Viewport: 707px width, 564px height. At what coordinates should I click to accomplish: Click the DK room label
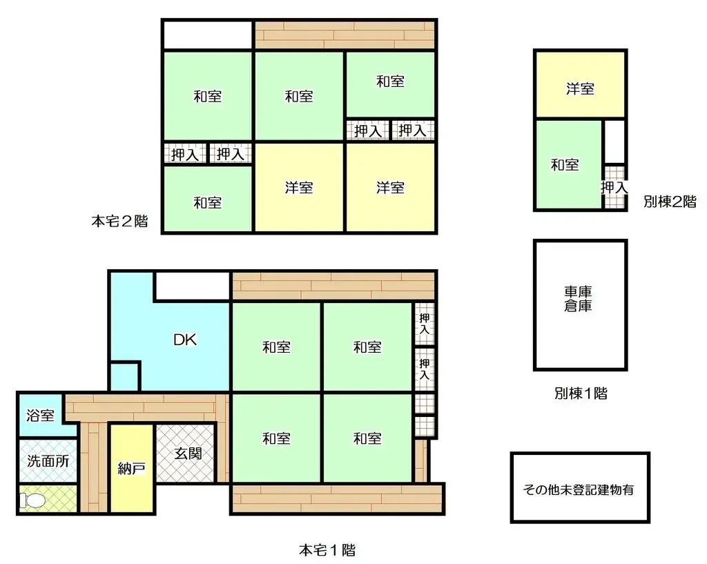[185, 340]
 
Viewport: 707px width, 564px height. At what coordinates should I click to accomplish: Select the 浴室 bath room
[40, 416]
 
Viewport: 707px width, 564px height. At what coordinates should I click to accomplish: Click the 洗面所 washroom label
[48, 461]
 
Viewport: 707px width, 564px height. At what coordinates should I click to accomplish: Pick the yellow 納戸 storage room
[131, 469]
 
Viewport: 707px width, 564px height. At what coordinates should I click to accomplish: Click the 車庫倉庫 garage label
[579, 298]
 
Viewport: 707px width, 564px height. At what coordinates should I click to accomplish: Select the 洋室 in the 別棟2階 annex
[580, 88]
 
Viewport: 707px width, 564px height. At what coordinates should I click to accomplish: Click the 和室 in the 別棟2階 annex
[565, 165]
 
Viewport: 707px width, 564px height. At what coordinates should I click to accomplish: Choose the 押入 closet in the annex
[614, 187]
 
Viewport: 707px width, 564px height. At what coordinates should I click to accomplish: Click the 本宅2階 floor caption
[119, 222]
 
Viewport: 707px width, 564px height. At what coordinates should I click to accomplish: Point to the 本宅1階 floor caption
[327, 550]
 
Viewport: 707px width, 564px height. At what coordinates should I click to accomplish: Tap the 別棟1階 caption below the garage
[580, 393]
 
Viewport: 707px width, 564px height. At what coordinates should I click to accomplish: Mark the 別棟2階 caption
[669, 202]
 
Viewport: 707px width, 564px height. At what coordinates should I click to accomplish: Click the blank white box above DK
[192, 286]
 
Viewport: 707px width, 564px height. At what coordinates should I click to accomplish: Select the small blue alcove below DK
[125, 376]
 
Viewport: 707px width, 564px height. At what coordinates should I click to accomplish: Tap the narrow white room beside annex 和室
[614, 142]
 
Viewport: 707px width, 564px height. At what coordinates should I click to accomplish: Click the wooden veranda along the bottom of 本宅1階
[336, 499]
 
